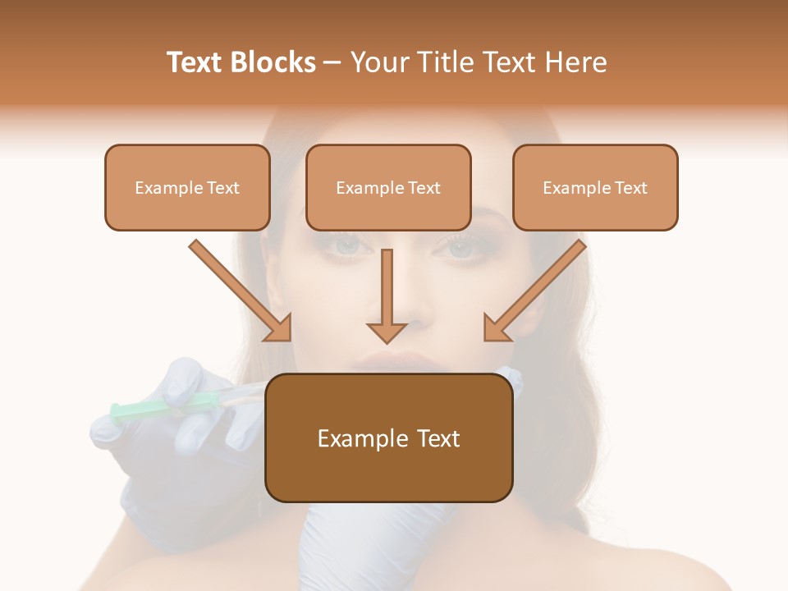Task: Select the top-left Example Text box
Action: (187, 187)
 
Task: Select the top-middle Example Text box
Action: (388, 187)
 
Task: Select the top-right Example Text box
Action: (595, 187)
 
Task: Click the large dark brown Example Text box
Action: (388, 438)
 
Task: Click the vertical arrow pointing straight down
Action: (387, 295)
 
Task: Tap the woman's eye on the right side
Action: (461, 247)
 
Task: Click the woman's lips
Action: (396, 362)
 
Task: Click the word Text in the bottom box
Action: (434, 438)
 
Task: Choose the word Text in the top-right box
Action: (631, 188)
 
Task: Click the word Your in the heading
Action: (379, 62)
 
